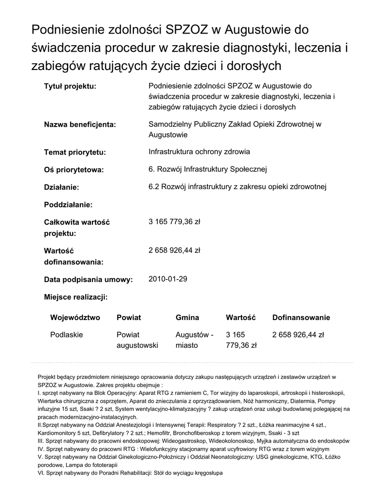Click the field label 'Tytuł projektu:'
coord(70,87)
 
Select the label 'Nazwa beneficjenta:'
coord(80,125)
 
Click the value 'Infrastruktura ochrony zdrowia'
coord(199,152)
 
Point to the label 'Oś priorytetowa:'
coord(74,170)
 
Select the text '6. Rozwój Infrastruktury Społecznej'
coord(207,169)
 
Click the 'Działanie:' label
coord(61,187)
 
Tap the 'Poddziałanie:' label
coord(68,204)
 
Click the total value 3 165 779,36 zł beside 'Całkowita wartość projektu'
coord(174,222)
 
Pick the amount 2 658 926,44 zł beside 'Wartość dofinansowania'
coord(174,250)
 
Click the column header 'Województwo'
coord(75,318)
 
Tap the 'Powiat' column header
coord(128,318)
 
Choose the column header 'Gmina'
coord(187,318)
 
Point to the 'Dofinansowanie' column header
coord(301,318)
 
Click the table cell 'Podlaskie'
coord(67,335)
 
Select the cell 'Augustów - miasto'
coord(194,340)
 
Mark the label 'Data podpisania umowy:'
coord(89,280)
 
